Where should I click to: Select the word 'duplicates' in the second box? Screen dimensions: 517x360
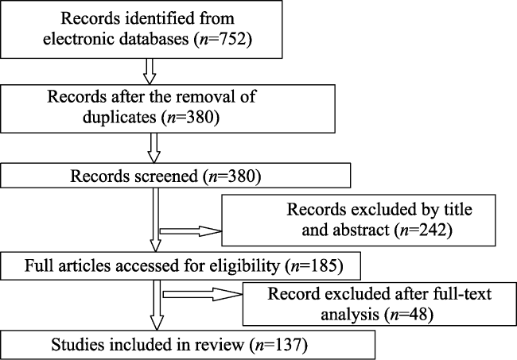(x=119, y=118)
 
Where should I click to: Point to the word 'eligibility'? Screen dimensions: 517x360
(x=244, y=265)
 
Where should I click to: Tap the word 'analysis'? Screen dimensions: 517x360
(x=350, y=314)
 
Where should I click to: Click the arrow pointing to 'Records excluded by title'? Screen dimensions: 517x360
(x=191, y=231)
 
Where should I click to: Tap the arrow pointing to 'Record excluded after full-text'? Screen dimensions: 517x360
(x=203, y=294)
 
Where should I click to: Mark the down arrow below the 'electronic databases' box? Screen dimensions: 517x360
(x=150, y=72)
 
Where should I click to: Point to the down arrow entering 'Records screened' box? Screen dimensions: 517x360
(x=154, y=148)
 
